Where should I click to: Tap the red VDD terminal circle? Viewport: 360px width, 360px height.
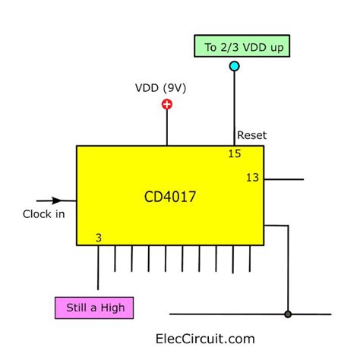click(x=167, y=104)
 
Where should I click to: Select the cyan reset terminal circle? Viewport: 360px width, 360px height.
click(x=234, y=67)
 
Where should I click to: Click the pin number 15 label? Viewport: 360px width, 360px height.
click(x=235, y=154)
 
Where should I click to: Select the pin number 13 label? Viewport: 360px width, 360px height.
click(x=253, y=178)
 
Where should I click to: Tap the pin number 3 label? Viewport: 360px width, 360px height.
click(x=99, y=238)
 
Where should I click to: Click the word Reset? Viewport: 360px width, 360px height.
click(x=251, y=136)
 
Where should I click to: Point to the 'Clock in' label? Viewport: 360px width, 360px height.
click(x=43, y=213)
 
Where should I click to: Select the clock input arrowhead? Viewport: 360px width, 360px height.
click(x=59, y=202)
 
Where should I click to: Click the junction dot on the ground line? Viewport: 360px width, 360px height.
click(x=287, y=314)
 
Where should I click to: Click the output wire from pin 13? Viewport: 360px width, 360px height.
click(x=285, y=180)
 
